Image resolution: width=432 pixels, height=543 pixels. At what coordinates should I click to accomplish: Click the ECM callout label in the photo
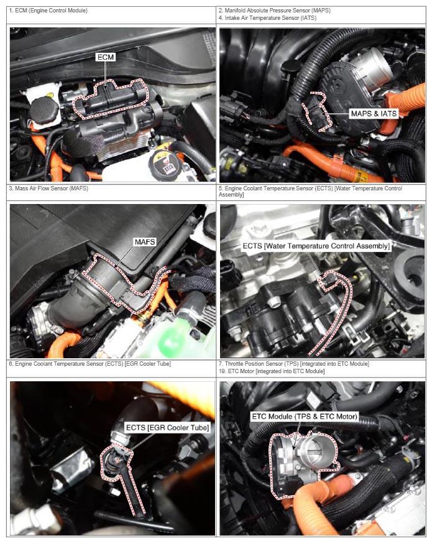coord(106,57)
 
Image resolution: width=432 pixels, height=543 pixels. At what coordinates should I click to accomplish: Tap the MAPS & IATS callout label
coord(374,114)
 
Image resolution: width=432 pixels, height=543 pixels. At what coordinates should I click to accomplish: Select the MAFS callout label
coord(145,242)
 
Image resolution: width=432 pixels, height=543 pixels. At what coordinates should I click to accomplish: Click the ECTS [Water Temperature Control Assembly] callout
coord(316,246)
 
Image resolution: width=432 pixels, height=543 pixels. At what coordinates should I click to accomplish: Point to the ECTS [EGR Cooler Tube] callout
coord(168,428)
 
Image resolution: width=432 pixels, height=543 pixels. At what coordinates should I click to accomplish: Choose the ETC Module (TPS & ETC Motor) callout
coord(305,416)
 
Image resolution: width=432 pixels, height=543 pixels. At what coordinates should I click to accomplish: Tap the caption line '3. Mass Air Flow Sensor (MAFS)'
coord(48,188)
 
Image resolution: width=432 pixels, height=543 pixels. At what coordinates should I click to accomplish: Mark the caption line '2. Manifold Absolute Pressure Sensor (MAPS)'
coord(275,11)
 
